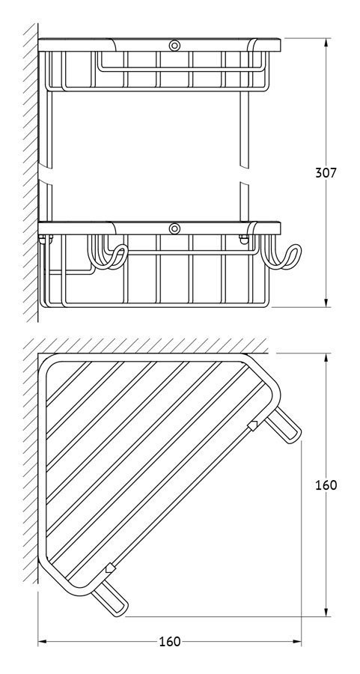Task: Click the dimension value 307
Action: point(326,173)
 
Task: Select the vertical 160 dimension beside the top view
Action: point(326,485)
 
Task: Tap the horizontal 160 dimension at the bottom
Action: point(170,642)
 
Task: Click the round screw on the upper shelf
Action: point(174,45)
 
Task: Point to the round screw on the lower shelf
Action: point(174,228)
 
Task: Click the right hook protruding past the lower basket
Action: point(281,258)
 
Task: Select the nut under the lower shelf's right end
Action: point(243,239)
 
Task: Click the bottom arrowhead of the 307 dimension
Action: point(326,303)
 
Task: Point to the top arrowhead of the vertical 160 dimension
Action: point(326,358)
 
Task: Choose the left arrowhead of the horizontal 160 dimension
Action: point(43,642)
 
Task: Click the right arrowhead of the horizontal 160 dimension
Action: point(296,642)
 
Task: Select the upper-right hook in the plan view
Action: point(284,425)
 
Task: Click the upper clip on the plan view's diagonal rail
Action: point(254,426)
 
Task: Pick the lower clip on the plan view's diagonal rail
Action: point(111,568)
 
